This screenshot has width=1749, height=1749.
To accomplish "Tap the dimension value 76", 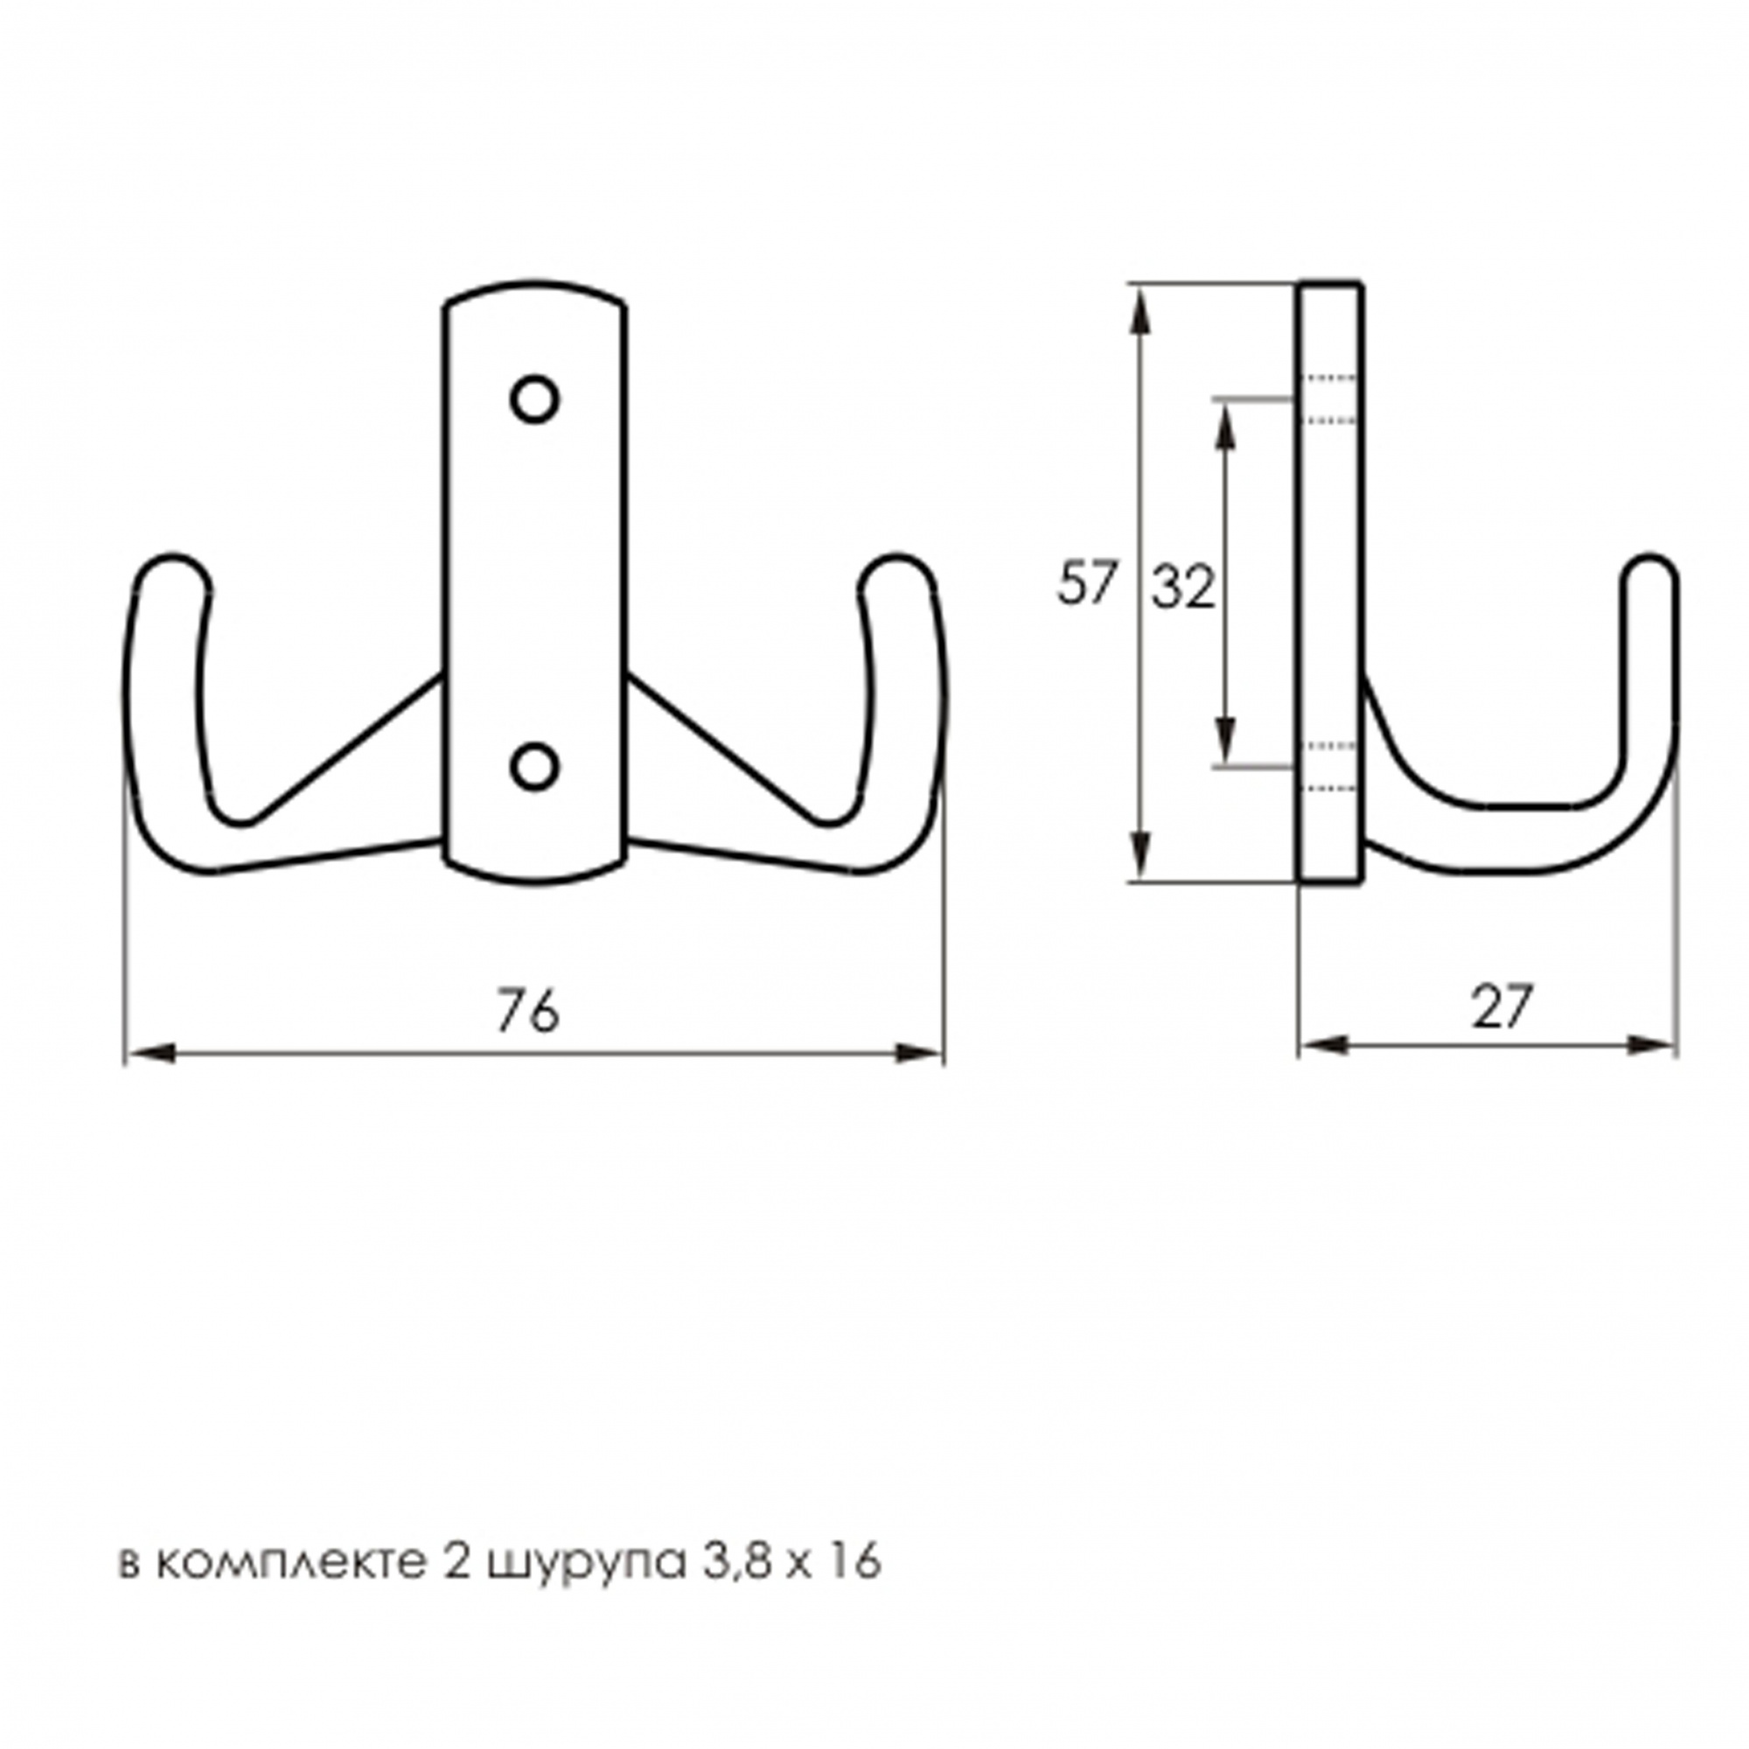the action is point(528,1010).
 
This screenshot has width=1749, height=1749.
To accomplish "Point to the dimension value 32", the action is point(1183,589).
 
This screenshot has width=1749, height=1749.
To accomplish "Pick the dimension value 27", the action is point(1502,1007).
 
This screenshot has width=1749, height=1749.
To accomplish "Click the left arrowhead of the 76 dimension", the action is point(150,1052).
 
